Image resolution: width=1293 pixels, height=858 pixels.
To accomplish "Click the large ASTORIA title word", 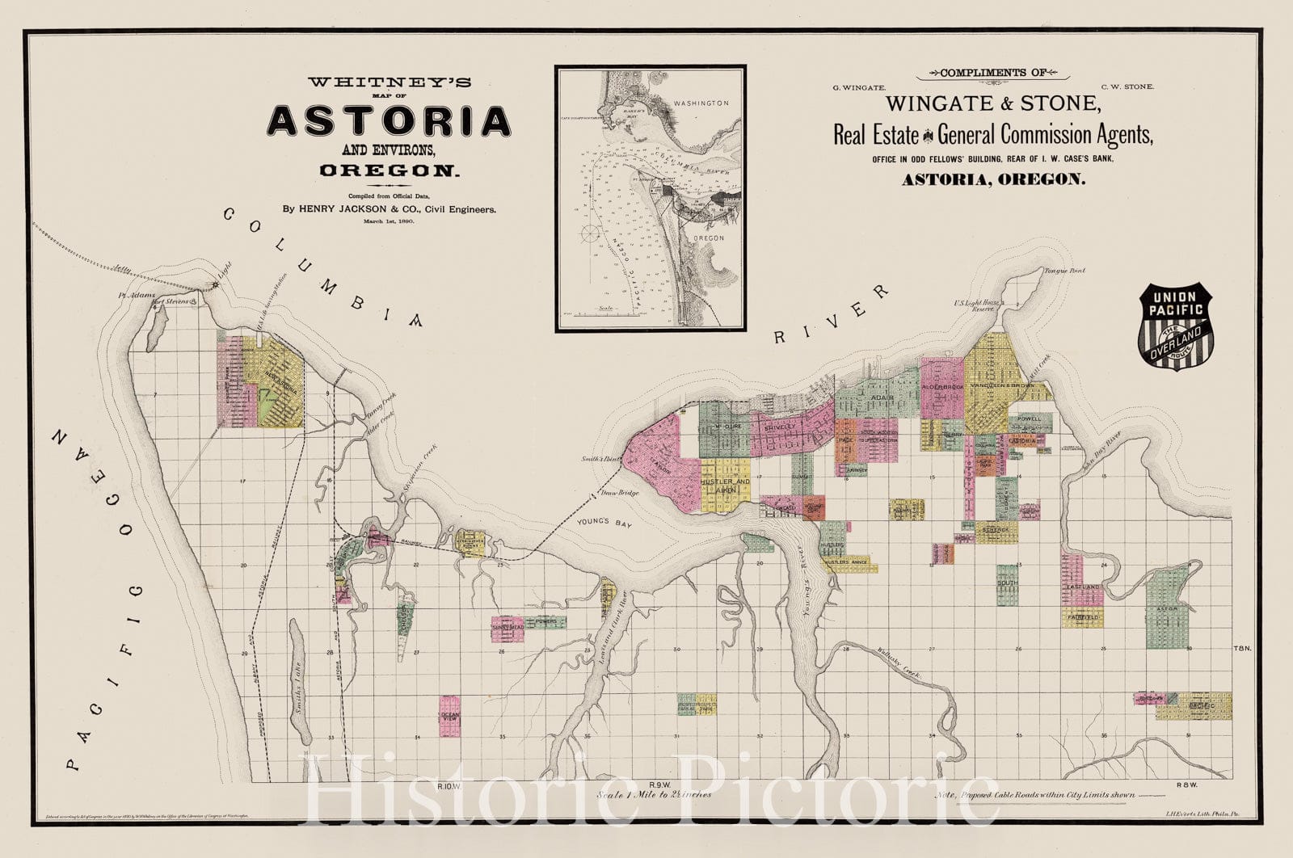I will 390,121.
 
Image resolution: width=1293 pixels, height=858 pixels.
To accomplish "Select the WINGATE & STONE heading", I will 992,104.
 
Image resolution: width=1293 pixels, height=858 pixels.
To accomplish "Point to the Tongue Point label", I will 1064,271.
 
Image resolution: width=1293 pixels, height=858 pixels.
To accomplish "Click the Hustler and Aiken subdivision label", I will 725,485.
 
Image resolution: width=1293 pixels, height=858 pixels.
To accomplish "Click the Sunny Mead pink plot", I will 507,627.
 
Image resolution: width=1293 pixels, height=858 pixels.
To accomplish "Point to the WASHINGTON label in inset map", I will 700,103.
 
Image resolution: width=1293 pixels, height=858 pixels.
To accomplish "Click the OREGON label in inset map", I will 708,238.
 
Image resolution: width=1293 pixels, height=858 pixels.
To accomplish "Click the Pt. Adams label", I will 135,297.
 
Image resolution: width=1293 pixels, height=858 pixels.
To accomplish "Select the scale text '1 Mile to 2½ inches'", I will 655,794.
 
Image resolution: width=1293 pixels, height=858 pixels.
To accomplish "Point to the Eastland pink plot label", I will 1083,587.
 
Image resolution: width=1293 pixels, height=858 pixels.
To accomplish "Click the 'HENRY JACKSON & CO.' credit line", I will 389,208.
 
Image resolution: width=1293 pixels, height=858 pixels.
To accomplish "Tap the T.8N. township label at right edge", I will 1242,649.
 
